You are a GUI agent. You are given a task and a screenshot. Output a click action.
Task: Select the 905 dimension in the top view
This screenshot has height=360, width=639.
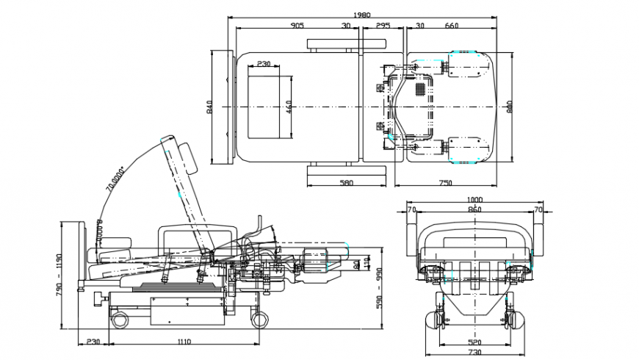297,26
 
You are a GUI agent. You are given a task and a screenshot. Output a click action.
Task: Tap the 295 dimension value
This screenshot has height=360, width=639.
383,26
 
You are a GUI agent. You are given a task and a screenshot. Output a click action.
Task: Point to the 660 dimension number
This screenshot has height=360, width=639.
452,26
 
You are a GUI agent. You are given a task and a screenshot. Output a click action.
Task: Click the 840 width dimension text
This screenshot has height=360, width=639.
209,107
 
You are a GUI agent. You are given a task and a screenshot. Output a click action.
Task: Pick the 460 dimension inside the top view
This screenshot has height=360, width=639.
289,107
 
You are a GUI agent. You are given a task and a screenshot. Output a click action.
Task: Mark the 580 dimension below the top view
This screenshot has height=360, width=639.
346,182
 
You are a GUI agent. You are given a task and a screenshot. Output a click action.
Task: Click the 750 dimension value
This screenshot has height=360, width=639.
445,182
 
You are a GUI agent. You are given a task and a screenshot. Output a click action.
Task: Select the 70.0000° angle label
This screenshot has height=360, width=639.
115,177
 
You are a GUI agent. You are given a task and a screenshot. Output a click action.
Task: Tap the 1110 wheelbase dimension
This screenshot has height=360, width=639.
184,342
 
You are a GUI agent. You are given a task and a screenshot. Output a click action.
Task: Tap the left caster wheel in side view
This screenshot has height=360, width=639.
118,318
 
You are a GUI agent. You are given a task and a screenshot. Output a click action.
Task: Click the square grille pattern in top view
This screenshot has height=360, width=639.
420,89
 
